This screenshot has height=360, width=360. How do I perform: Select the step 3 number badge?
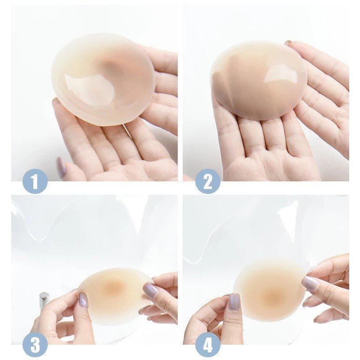click(x=35, y=345)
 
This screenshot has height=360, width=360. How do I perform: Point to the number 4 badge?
click(x=207, y=345)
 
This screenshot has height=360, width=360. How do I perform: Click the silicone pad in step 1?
click(x=102, y=81)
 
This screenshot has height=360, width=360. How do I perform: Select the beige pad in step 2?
click(x=259, y=81)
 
